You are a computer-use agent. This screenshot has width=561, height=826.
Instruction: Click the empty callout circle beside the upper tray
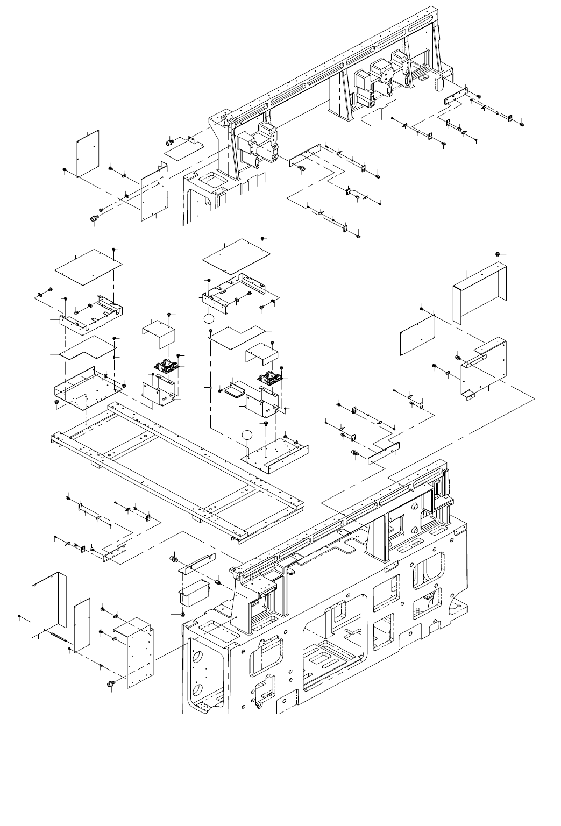coord(209,319)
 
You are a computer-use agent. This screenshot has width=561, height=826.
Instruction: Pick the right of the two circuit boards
coord(269,378)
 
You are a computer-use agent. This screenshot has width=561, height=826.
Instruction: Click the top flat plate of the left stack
coord(89,267)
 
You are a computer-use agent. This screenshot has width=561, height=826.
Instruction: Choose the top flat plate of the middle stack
coord(235,255)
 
